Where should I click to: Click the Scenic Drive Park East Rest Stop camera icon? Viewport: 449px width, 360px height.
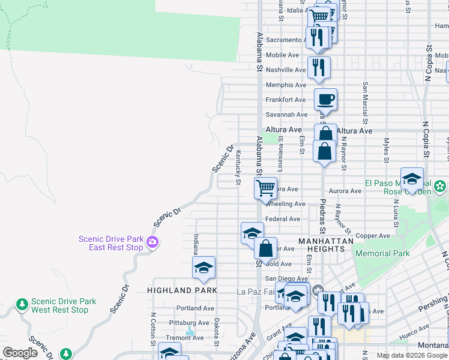click(152, 242)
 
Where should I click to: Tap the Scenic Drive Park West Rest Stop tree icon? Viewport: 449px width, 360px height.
click(22, 305)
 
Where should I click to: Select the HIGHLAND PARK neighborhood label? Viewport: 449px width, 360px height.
click(181, 290)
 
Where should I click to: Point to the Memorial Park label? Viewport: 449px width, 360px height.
click(382, 253)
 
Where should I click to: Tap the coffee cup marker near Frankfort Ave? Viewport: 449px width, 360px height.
click(325, 100)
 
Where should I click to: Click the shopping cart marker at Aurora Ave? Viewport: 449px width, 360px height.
click(265, 188)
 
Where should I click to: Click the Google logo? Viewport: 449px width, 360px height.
click(20, 353)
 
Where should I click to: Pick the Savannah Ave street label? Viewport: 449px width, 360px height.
click(286, 115)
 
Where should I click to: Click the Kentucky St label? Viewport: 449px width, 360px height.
click(238, 167)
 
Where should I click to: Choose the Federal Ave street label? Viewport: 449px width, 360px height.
click(283, 220)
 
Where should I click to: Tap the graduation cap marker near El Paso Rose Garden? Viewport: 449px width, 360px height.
click(412, 179)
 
